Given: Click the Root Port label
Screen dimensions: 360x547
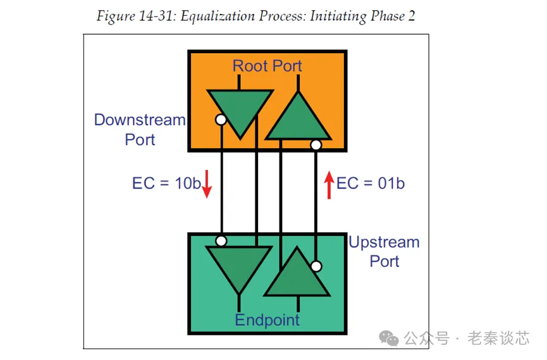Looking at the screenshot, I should click(267, 66).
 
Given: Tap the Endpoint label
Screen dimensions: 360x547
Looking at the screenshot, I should click(267, 320).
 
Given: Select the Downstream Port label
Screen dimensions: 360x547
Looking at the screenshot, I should click(140, 129).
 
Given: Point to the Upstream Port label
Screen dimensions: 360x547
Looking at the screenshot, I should click(384, 251).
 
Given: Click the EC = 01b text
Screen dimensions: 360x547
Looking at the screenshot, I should click(370, 183).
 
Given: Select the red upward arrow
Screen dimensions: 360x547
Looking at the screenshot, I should click(329, 184).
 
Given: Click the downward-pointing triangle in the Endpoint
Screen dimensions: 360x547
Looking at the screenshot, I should click(240, 266).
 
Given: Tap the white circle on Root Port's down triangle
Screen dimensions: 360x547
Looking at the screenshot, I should click(221, 119).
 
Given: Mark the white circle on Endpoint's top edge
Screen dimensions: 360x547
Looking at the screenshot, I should click(221, 240).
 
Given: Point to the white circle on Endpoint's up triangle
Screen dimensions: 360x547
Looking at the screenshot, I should click(316, 266).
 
